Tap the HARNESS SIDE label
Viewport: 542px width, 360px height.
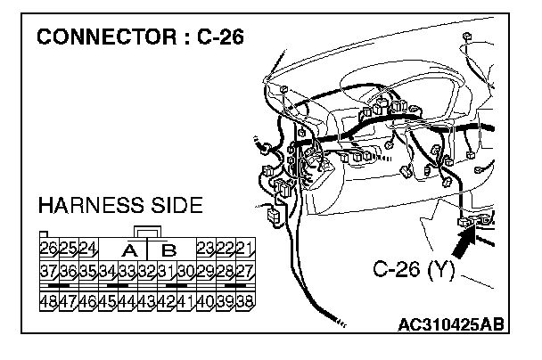(x=120, y=207)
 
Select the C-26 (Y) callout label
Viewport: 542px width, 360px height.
(x=412, y=268)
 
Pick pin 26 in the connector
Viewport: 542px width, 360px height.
(x=50, y=247)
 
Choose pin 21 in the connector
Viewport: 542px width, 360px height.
(x=245, y=247)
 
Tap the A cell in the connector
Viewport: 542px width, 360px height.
(x=129, y=249)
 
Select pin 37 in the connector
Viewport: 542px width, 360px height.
(x=50, y=271)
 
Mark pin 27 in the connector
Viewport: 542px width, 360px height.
(x=245, y=271)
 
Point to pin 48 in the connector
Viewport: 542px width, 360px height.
(x=50, y=300)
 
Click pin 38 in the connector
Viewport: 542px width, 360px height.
(x=245, y=300)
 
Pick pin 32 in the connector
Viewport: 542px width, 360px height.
(x=148, y=271)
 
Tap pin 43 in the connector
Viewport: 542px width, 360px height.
(x=148, y=300)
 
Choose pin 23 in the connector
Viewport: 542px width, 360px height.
(x=206, y=247)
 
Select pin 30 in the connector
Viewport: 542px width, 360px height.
(x=187, y=271)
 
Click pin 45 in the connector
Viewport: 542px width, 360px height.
(x=109, y=300)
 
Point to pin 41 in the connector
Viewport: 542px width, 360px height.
(x=187, y=300)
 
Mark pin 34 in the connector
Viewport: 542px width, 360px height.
(x=109, y=271)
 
